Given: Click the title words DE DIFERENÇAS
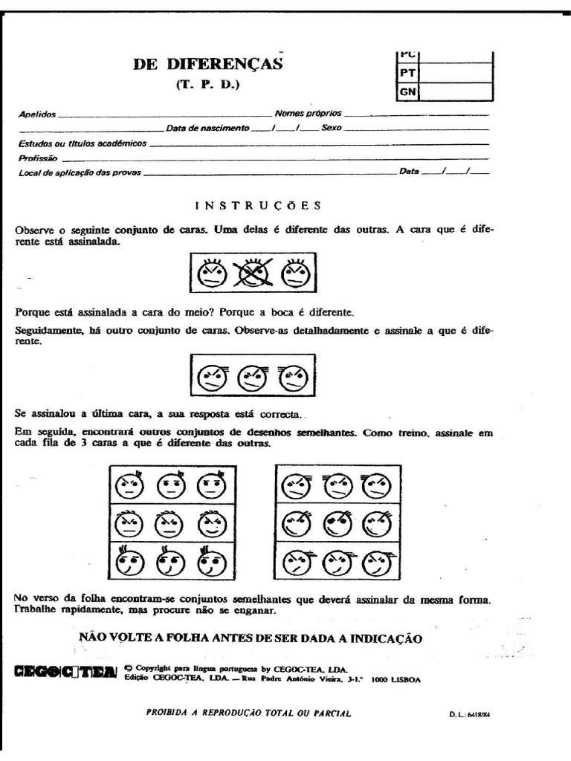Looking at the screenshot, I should click(x=208, y=64).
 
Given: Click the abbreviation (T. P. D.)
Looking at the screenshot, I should click(x=208, y=84).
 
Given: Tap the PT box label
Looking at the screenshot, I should click(x=407, y=73).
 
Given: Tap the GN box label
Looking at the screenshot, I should click(x=407, y=91).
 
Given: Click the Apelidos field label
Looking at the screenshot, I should click(x=36, y=114).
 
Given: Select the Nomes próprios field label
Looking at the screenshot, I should click(x=308, y=114).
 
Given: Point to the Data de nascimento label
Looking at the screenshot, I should click(x=207, y=128).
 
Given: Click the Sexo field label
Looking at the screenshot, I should click(x=332, y=128).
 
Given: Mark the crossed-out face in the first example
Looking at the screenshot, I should click(x=252, y=275).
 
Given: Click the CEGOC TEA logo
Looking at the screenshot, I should click(x=65, y=671).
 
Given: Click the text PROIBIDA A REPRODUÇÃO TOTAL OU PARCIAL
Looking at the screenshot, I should click(x=249, y=713).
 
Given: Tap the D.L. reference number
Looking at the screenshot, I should click(x=465, y=715).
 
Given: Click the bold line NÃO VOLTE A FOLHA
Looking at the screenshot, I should click(x=251, y=638).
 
